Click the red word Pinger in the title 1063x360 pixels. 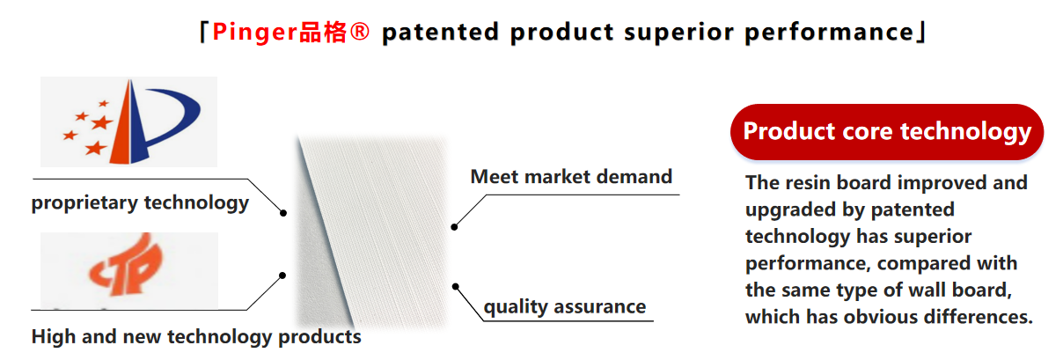click(x=255, y=33)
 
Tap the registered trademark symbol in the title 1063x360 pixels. click(x=359, y=32)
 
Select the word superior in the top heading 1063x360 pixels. click(x=678, y=33)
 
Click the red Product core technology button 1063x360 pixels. click(x=887, y=131)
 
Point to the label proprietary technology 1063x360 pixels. click(x=140, y=202)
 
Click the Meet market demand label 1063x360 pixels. click(x=571, y=177)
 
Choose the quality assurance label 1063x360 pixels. click(x=565, y=307)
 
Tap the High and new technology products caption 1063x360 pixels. click(x=196, y=337)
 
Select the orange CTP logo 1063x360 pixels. click(x=126, y=265)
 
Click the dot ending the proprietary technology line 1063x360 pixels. click(x=283, y=213)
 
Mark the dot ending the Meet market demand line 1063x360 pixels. click(x=454, y=227)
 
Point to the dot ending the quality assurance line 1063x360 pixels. click(x=456, y=286)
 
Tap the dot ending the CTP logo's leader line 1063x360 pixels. click(x=282, y=276)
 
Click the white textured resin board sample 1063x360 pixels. click(x=372, y=232)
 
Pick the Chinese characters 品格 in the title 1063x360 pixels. click(x=323, y=33)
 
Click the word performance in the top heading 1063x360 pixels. click(x=830, y=33)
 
